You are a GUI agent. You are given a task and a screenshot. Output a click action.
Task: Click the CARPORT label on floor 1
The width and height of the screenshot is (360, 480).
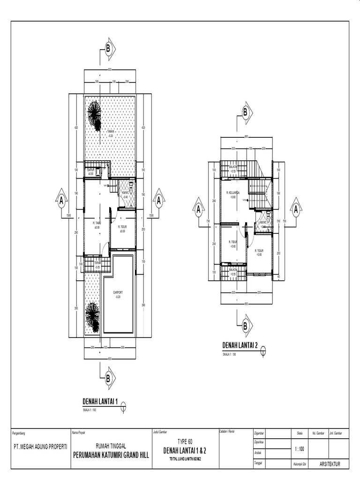coord(118,292)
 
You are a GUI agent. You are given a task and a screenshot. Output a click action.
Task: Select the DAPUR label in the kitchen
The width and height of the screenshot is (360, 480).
coord(90,170)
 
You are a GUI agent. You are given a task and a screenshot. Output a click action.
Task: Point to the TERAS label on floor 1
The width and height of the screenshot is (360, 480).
coord(97,263)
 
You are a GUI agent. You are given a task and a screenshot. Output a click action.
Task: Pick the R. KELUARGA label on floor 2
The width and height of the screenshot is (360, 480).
coord(233,193)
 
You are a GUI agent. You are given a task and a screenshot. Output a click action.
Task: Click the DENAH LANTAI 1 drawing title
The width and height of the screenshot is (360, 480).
coord(100,401)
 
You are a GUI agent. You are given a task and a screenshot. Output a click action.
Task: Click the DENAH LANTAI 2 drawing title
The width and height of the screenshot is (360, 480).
coord(240,345)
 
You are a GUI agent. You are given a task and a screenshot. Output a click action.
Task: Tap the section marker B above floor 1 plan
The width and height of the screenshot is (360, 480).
coord(108,48)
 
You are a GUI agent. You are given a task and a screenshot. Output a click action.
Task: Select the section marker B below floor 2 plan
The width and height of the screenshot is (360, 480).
coord(245,325)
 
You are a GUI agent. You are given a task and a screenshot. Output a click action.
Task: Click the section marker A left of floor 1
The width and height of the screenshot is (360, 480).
coord(61,201)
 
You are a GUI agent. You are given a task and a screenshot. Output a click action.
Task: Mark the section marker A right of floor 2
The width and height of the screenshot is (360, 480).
coord(296,210)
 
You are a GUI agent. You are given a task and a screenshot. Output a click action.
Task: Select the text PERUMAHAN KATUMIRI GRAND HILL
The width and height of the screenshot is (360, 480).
coord(111,454)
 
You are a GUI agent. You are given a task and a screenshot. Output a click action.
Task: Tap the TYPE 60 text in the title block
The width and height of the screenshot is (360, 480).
coord(184,442)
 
